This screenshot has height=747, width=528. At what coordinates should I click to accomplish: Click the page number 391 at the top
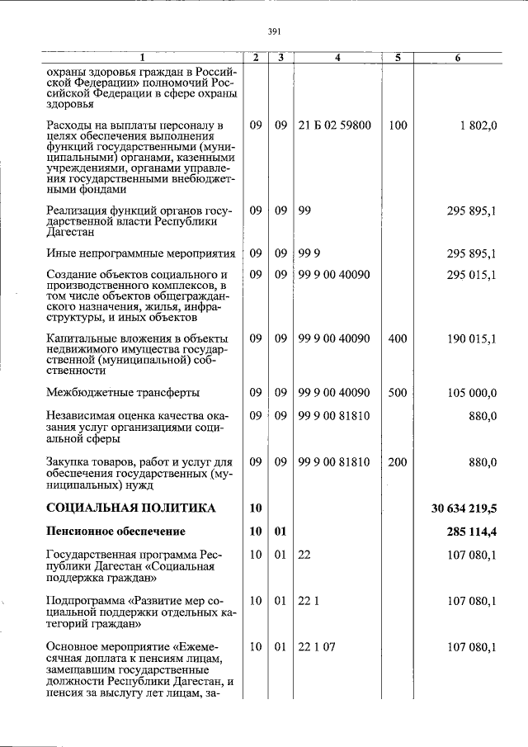pos(275,31)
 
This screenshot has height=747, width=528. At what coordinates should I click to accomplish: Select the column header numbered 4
pos(338,58)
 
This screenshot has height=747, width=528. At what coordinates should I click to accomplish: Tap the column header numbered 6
pos(459,58)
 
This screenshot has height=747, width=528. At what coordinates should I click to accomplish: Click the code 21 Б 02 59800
pos(334,125)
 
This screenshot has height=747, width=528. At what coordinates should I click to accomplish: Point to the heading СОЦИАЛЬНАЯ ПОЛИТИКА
pos(131,508)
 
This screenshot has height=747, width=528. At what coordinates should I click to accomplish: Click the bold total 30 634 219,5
pos(464,508)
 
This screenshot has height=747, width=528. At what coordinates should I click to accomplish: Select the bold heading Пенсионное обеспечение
pos(115,531)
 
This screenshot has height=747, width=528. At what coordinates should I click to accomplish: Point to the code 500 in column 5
pos(398,392)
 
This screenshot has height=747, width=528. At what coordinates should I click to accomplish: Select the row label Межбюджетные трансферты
pos(123,392)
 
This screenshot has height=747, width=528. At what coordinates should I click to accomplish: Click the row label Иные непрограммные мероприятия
pos(141,253)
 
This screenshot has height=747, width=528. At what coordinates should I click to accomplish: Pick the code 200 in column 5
pos(398,462)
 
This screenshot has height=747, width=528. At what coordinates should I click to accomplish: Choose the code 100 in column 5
pos(398,125)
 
